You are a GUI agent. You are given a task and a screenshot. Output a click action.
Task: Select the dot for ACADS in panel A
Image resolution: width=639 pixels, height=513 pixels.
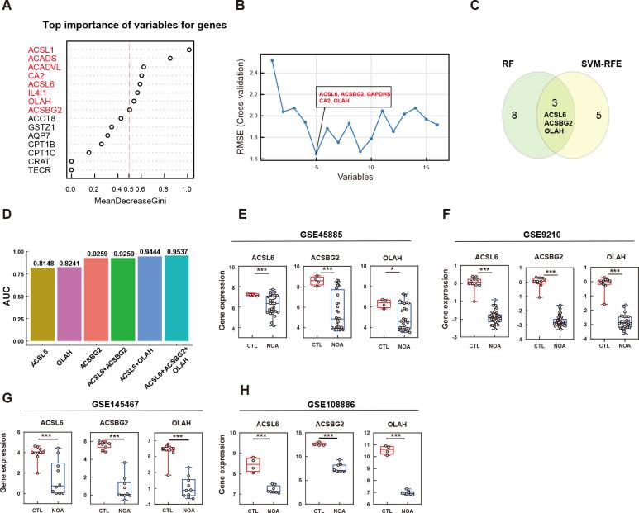point(170,59)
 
